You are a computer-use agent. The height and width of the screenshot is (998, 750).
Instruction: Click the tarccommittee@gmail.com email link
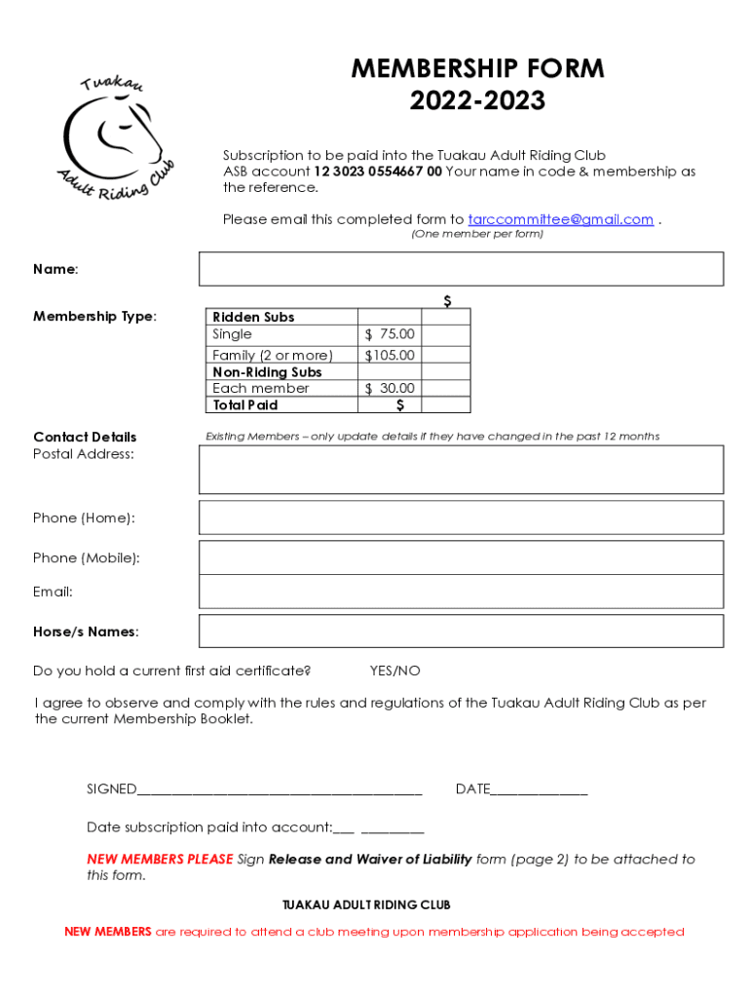coord(560,219)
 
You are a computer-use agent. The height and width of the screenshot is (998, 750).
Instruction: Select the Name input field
coord(461,269)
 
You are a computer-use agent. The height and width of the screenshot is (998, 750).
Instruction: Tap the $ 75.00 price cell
coord(390,334)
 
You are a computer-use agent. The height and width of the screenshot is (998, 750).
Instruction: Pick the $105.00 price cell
coord(390,356)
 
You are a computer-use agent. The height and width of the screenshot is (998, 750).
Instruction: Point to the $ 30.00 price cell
coord(390,388)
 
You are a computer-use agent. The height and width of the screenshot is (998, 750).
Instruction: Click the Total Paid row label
coord(245,405)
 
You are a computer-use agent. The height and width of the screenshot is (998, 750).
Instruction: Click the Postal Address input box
coord(461,470)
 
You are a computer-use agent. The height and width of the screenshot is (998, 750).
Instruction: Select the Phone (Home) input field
coord(461,518)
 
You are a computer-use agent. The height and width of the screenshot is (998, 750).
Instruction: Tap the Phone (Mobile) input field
coord(461,557)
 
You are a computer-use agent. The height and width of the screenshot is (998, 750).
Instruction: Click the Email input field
coord(461,592)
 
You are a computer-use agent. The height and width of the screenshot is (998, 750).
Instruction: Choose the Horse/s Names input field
coord(461,632)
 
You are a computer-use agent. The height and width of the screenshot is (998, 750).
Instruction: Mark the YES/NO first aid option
coord(394,671)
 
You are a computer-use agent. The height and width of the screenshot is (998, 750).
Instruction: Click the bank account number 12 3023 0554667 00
coord(378,172)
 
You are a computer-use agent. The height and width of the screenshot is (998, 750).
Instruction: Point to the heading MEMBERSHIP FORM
coord(477,69)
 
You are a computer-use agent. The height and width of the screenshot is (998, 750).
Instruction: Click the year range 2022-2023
coord(477,100)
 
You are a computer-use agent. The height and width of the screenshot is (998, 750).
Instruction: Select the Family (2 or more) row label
coord(273,356)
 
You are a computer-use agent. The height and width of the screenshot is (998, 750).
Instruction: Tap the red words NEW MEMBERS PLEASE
coord(160,860)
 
